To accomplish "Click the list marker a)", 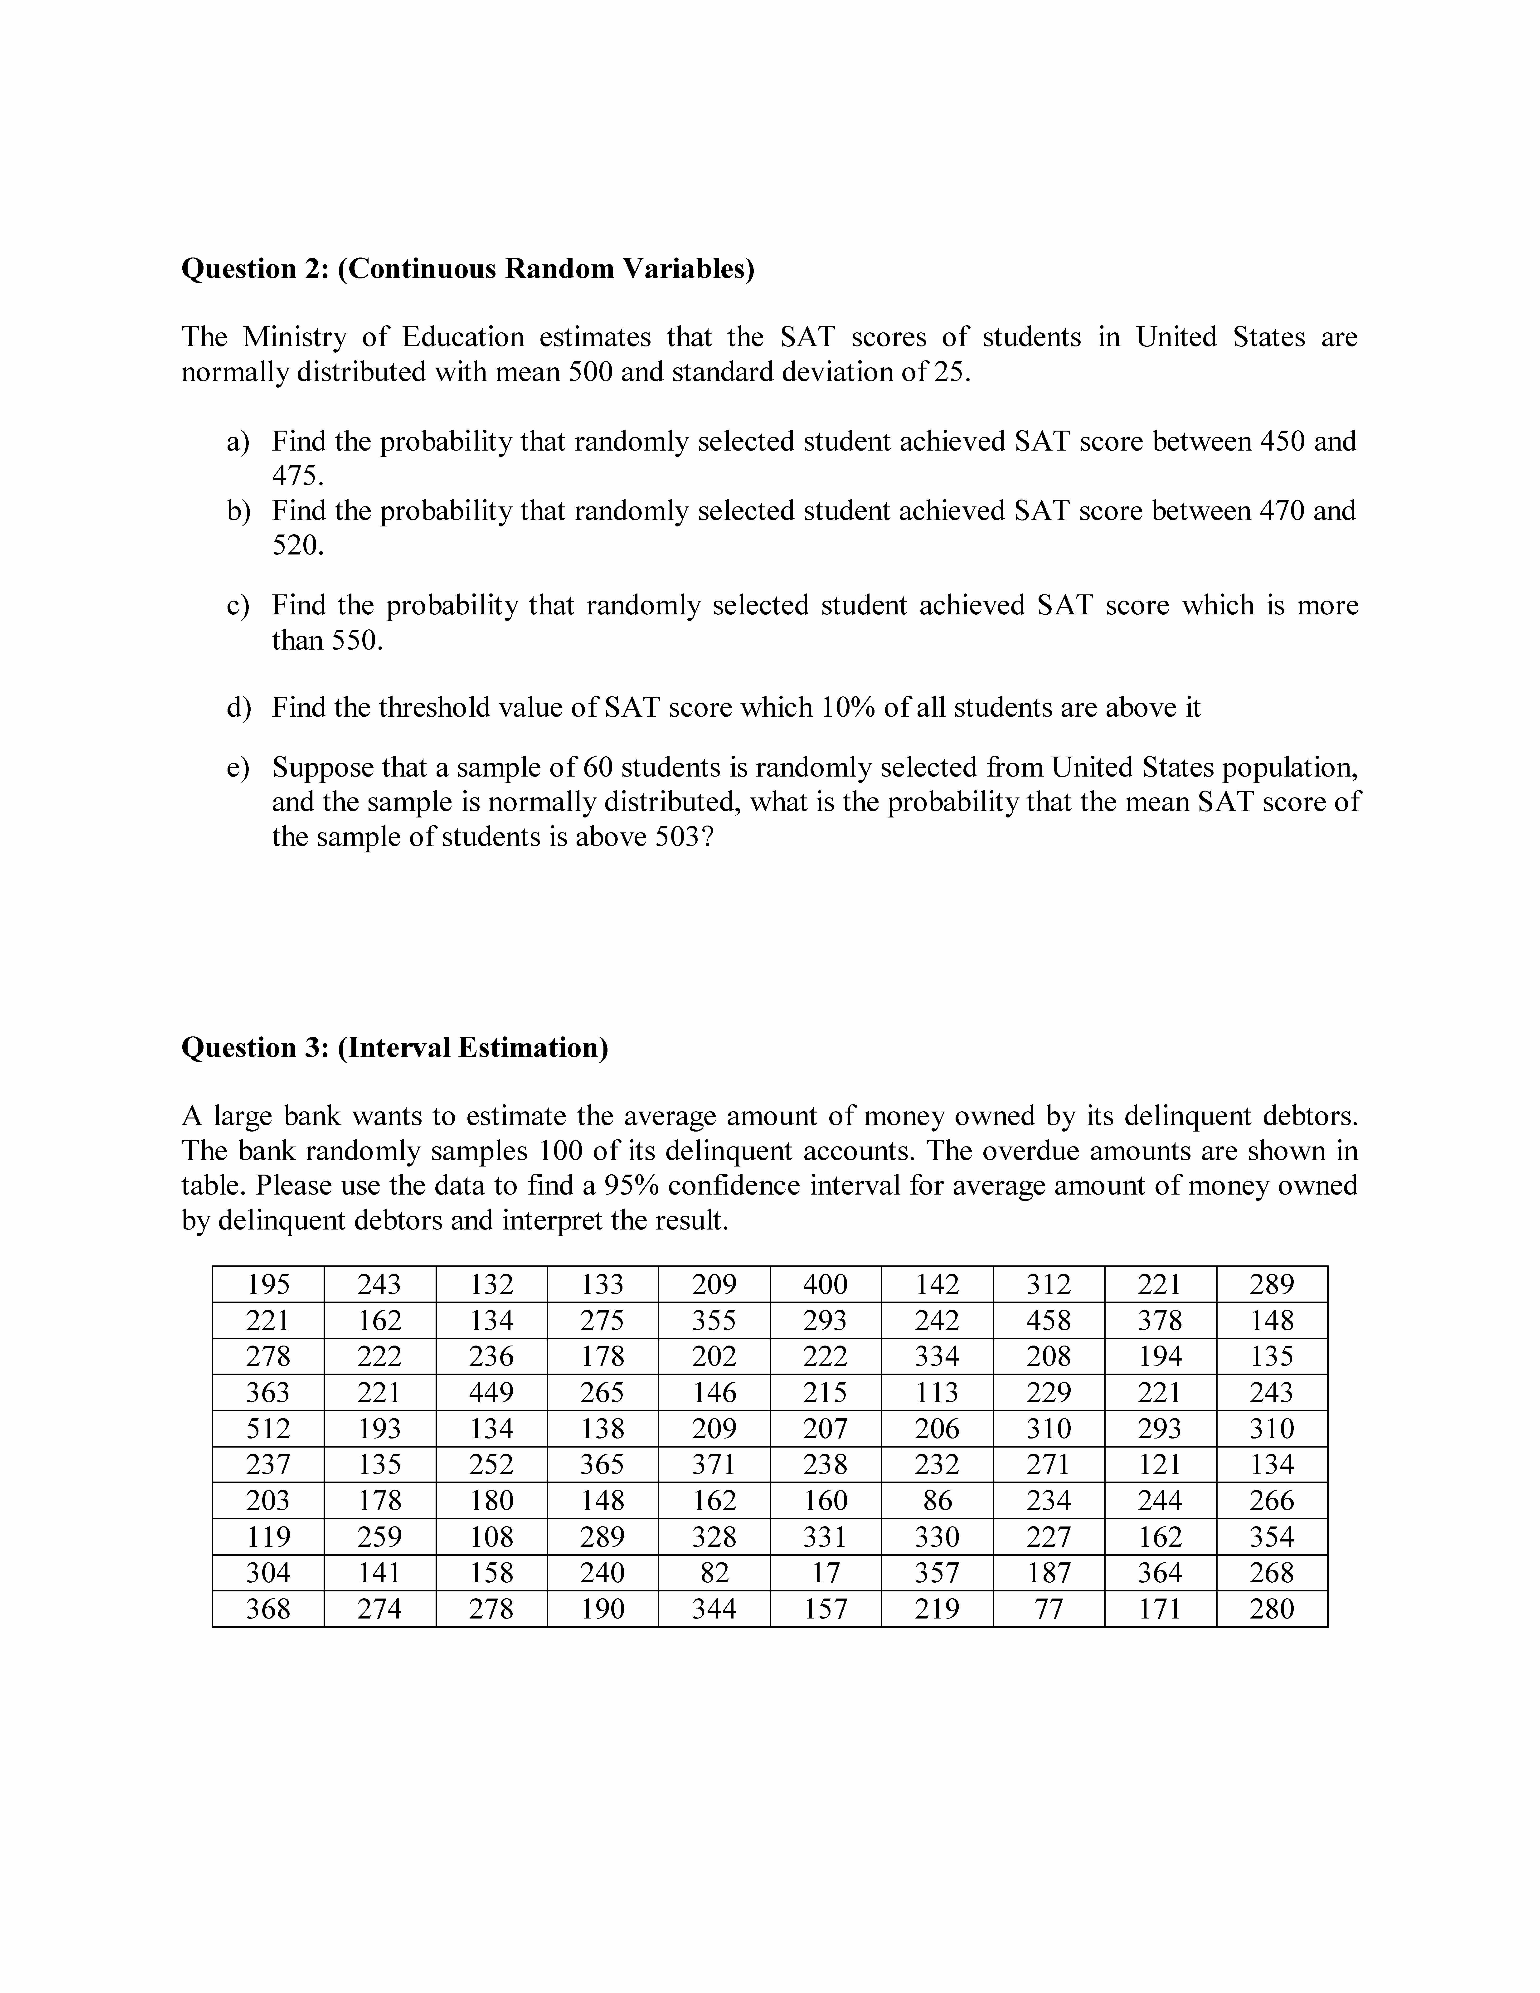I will click(x=238, y=442).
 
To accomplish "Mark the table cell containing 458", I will click(x=1048, y=1320).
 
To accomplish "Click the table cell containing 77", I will click(x=1048, y=1609).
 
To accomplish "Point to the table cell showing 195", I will click(x=268, y=1285).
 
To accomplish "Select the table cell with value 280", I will click(x=1272, y=1609).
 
